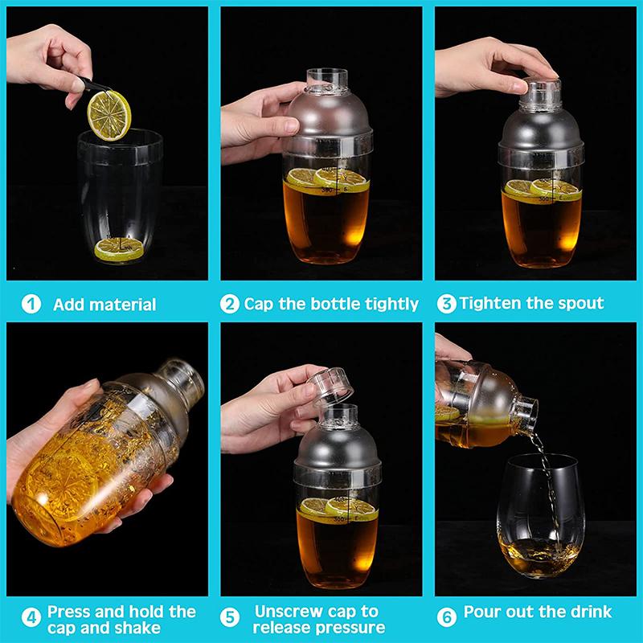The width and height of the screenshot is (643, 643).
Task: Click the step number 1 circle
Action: pyautogui.click(x=31, y=305)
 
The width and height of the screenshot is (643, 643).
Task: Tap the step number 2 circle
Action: pyautogui.click(x=230, y=305)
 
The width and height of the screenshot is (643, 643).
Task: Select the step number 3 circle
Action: pyautogui.click(x=446, y=305)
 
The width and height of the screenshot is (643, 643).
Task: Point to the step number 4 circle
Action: pyautogui.click(x=31, y=619)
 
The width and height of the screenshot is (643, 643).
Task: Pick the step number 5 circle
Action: pyautogui.click(x=231, y=619)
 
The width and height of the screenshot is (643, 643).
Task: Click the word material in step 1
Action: pyautogui.click(x=123, y=305)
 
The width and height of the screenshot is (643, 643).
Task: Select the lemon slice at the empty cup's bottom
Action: pyautogui.click(x=120, y=249)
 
